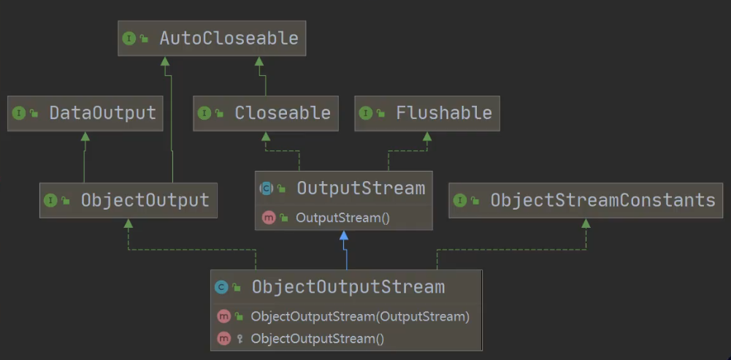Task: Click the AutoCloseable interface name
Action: (x=229, y=39)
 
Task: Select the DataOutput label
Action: (x=102, y=113)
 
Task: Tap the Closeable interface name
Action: (x=282, y=113)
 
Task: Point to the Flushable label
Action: (x=443, y=113)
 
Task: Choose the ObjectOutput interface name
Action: (x=145, y=200)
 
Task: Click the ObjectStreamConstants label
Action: (x=602, y=200)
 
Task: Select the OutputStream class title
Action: (x=360, y=188)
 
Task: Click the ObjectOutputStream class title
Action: (x=348, y=287)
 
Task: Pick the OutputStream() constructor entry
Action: (x=338, y=218)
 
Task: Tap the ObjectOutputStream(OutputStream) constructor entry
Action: (x=360, y=317)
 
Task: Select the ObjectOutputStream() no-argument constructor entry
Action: (x=317, y=339)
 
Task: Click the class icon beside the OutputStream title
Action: (x=267, y=188)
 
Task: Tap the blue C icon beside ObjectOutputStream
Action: (x=221, y=287)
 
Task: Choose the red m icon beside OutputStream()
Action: (x=268, y=218)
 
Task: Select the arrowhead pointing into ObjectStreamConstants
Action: (x=586, y=223)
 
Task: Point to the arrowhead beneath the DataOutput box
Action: (x=85, y=137)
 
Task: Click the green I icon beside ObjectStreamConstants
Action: (x=459, y=200)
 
